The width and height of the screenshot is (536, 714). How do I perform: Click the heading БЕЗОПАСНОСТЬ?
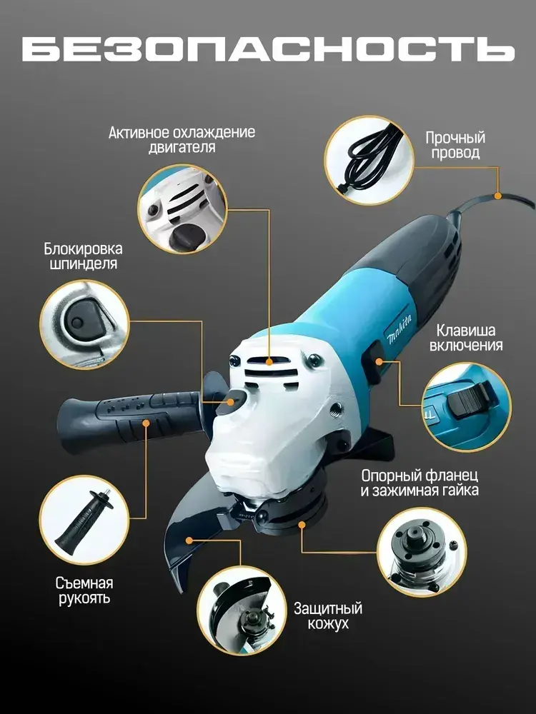268,49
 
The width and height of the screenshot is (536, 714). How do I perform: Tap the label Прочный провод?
455,145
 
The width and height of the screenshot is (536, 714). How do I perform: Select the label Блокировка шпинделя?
83,256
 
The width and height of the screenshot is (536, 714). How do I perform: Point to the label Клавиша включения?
466,338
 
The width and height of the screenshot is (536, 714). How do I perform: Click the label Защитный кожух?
328,615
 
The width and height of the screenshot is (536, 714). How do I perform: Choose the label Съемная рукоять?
84,590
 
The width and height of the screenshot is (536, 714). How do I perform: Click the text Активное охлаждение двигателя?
182,140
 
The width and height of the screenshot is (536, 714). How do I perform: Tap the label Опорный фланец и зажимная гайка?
420,483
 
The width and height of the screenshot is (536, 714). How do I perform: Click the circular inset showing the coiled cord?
369,160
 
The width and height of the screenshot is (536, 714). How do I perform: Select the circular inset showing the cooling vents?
182,209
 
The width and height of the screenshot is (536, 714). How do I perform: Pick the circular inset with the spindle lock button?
84,324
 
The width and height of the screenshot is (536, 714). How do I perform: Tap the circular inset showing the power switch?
467,407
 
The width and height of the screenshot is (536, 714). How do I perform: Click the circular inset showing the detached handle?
84,520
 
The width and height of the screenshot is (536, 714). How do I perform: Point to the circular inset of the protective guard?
242,610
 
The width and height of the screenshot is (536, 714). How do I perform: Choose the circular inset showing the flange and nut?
422,553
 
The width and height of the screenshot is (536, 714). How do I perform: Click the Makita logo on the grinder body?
399,328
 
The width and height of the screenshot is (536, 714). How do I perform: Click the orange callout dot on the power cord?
498,196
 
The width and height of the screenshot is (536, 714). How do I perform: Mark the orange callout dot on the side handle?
146,423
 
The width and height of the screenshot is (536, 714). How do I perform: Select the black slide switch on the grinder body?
373,363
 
